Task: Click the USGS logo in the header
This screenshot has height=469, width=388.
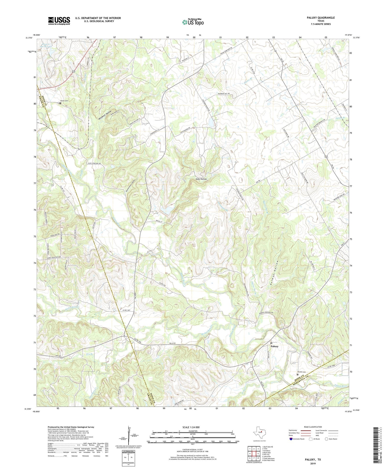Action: tap(59, 21)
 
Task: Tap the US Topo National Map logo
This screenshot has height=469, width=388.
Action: tap(193, 22)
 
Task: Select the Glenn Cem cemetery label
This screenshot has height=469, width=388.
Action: tap(64, 101)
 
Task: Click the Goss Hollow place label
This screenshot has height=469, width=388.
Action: tap(201, 179)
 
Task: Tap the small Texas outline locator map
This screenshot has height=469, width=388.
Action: tap(259, 432)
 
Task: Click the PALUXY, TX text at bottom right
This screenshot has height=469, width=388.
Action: tap(311, 459)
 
